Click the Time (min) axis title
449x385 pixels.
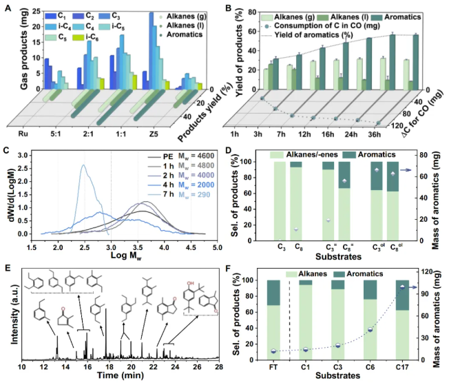coord(118,379)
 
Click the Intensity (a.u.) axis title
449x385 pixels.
coord(12,315)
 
